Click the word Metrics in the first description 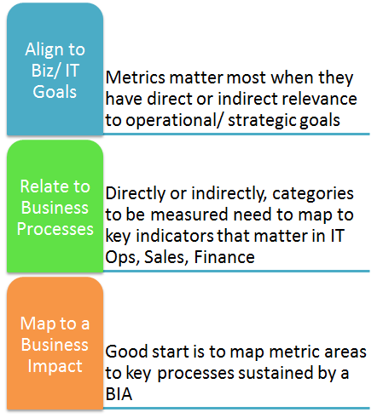tap(135, 77)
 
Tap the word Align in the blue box tap(43, 50)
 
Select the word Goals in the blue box tap(55, 92)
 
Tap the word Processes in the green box tap(55, 229)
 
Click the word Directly tap(136, 194)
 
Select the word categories tap(313, 194)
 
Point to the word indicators tap(175, 236)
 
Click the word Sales tap(166, 258)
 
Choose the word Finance tap(224, 257)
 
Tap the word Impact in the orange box tap(55, 366)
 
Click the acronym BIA tap(119, 394)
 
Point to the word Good tap(127, 352)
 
